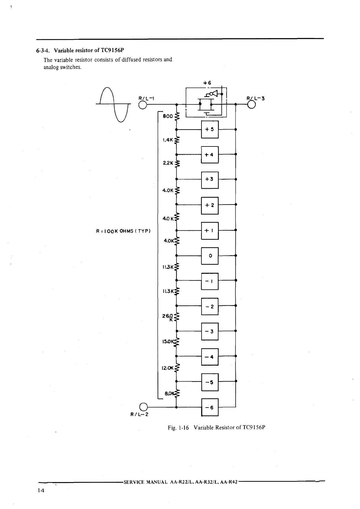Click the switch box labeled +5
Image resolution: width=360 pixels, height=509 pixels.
[210, 130]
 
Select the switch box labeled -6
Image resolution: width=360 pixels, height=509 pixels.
[210, 407]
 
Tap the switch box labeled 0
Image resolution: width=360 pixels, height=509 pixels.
[210, 256]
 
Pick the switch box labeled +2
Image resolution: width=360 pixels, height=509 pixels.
[210, 205]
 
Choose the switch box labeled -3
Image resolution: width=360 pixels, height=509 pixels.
[210, 331]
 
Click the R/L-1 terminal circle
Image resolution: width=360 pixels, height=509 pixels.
[142, 104]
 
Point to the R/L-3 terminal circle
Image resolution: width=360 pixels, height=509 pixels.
[252, 104]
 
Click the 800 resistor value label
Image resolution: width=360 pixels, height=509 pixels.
[168, 116]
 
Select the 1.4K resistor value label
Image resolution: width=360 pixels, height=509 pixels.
[167, 140]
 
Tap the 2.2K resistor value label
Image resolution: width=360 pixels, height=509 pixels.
[168, 163]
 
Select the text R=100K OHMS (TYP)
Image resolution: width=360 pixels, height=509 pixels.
[123, 231]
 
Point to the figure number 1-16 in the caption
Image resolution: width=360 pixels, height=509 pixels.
[183, 428]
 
